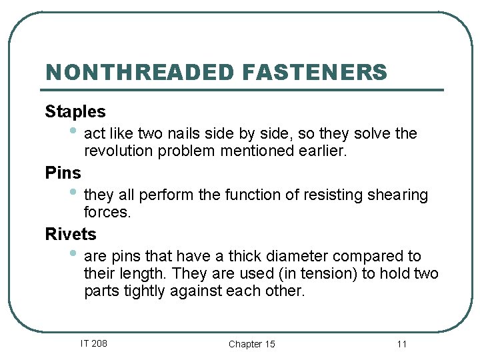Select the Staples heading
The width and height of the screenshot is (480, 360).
tap(75, 111)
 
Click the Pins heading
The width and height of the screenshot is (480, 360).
tap(63, 173)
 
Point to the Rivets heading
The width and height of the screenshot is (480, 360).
tap(71, 235)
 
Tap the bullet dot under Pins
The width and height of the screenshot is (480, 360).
tap(74, 192)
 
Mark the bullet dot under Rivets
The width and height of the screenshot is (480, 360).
tap(74, 253)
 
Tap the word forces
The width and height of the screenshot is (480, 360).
tap(107, 212)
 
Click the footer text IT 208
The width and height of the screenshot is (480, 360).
tap(93, 343)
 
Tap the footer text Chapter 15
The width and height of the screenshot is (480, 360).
tap(251, 344)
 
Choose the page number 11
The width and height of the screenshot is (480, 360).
tap(401, 344)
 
